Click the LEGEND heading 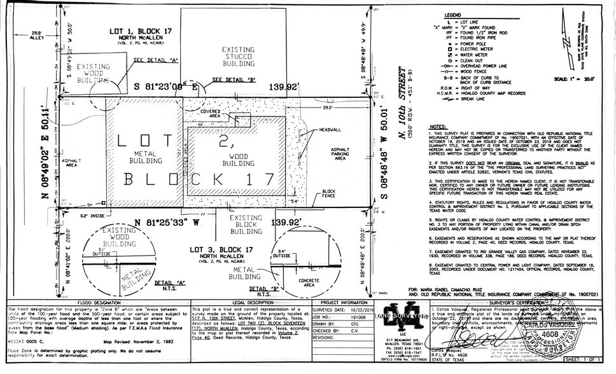pyautogui.click(x=452, y=14)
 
